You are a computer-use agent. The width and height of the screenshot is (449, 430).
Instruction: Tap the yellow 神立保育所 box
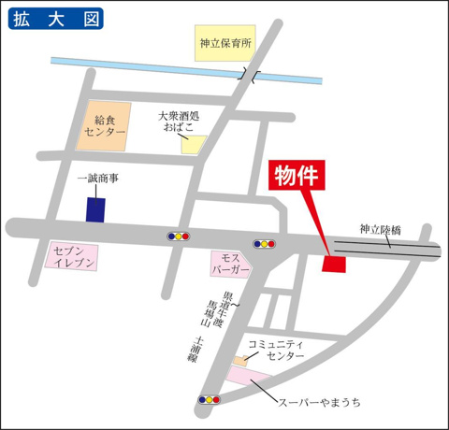pos(225,43)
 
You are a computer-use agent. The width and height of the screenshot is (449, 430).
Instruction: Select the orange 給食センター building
pos(109,127)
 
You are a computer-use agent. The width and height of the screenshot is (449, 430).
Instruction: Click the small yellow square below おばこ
pos(193,144)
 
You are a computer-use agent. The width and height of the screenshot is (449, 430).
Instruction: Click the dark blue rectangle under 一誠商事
pos(94,209)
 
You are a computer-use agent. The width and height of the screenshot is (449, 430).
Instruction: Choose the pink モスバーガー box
pos(231,265)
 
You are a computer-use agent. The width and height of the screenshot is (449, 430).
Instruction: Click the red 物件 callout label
pos(297,176)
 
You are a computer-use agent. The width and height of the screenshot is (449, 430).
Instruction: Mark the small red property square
pos(333,265)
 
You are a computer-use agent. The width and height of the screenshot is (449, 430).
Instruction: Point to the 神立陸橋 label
pos(380,229)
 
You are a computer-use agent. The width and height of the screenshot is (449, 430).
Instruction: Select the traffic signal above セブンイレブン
pos(178,236)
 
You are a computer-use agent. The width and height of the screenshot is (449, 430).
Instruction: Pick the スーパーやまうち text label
pos(319,402)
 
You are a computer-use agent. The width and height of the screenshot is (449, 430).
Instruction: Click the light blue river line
pos(140,66)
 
